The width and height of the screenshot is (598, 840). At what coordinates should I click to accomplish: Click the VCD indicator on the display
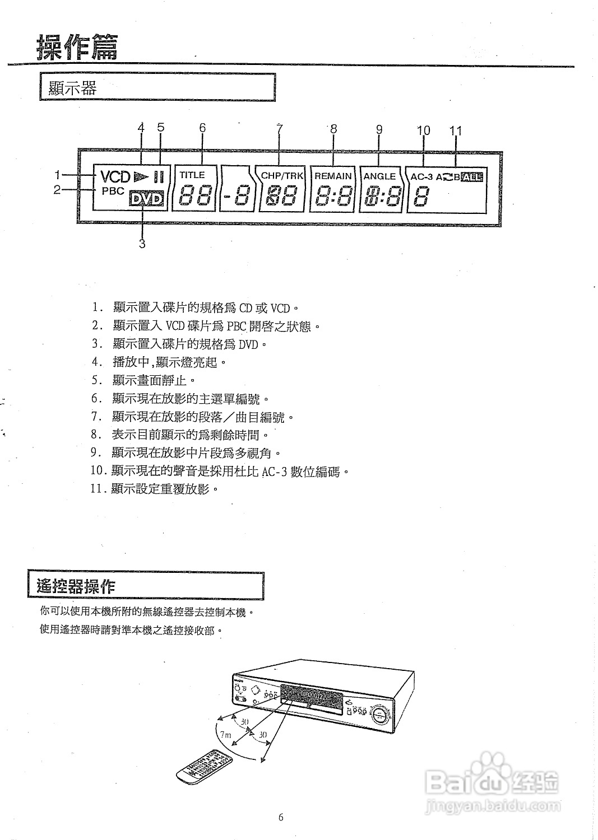115,177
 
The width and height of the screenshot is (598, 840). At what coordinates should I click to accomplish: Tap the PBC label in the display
113,191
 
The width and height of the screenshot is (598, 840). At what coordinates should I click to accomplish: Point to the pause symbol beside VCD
159,177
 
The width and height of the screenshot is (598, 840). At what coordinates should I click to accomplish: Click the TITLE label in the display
192,175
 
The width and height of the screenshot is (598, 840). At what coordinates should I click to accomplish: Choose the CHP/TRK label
282,175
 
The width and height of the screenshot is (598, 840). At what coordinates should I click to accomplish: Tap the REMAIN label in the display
333,176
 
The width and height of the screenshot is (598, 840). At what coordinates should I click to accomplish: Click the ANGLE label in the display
379,176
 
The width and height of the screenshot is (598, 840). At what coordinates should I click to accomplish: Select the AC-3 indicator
422,177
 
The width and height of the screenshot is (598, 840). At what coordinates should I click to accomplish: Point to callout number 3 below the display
142,244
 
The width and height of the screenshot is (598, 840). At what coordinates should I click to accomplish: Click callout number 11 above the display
456,130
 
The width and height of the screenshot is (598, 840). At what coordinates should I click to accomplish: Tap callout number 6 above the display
202,128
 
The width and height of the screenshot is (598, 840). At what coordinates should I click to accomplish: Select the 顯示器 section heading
73,88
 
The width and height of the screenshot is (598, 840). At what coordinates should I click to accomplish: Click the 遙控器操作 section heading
76,586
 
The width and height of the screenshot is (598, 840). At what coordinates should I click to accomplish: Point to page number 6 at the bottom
281,817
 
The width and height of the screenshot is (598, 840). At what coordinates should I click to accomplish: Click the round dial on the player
381,715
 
